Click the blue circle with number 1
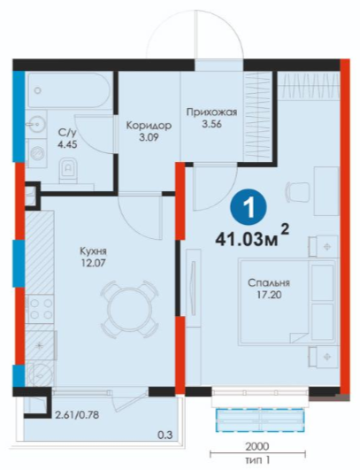pos(248,207)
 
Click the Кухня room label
pos(93,250)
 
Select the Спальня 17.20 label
pos(269,289)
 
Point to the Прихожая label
pos(211,112)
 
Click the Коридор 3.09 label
pos(149,131)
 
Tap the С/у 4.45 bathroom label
pos(67,138)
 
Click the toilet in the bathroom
pos(68,170)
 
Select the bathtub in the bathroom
pos(69,90)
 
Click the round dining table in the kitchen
pos(129,309)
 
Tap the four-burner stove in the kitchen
pos(40,309)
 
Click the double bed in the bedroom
pos(287,302)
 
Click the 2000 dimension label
pos(257,447)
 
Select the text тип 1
pos(257,458)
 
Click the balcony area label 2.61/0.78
pos(77,415)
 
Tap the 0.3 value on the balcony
pos(165,435)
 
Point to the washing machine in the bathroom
pos(37,152)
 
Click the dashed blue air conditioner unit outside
pos(260,420)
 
